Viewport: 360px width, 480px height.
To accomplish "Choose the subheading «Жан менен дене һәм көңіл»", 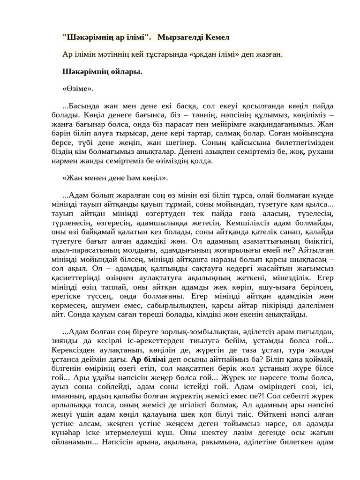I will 115,178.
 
